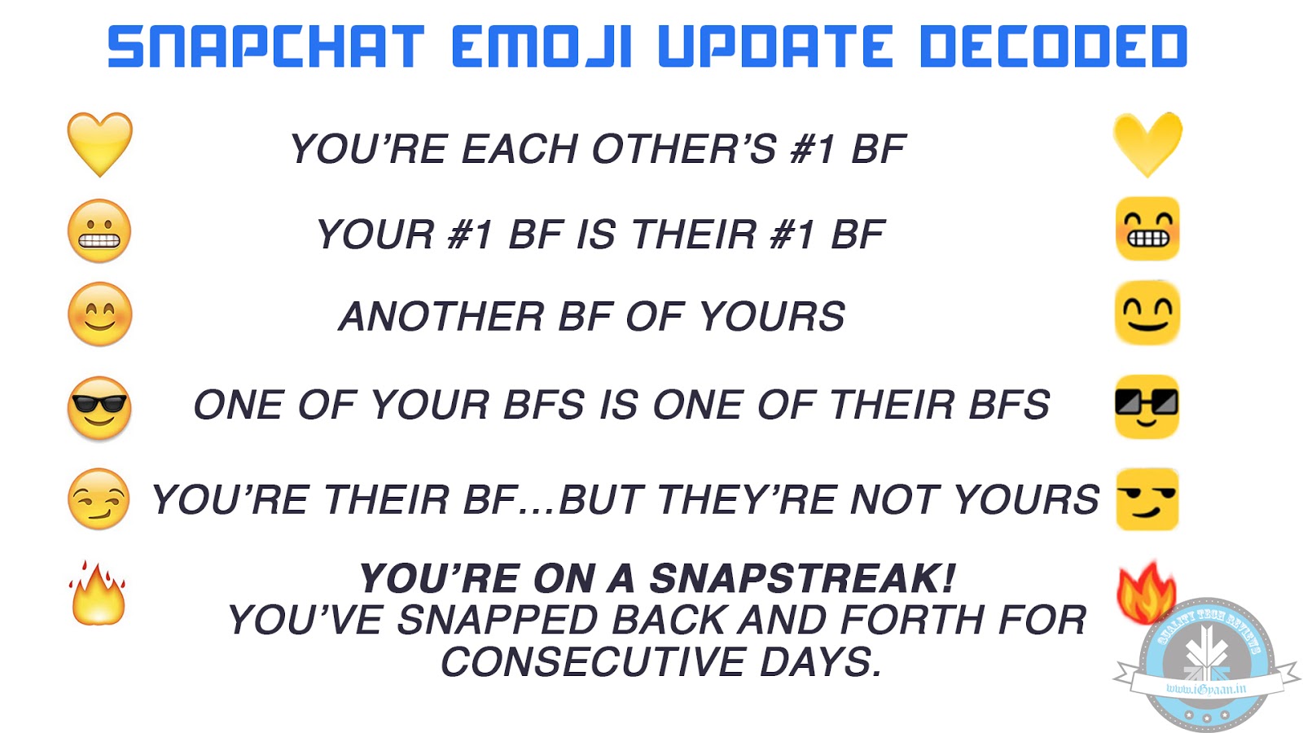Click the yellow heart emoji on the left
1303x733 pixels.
point(99,144)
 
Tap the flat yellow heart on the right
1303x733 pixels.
point(1147,143)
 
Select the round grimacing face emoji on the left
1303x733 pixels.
point(99,230)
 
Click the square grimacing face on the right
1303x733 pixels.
point(1147,229)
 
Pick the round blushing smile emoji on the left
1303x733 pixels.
point(99,314)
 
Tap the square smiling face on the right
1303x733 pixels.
point(1147,313)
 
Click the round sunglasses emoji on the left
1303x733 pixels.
point(99,408)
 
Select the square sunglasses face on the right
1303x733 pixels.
point(1147,406)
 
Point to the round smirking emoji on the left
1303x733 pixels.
point(99,498)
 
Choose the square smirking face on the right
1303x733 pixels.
point(1147,498)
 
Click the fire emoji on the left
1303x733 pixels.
point(99,595)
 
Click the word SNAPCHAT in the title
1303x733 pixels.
point(266,46)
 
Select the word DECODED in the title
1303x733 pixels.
point(1053,46)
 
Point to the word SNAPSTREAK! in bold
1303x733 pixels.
point(802,579)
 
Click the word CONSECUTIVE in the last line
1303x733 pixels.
point(593,662)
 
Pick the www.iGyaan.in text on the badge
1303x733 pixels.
point(1206,689)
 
